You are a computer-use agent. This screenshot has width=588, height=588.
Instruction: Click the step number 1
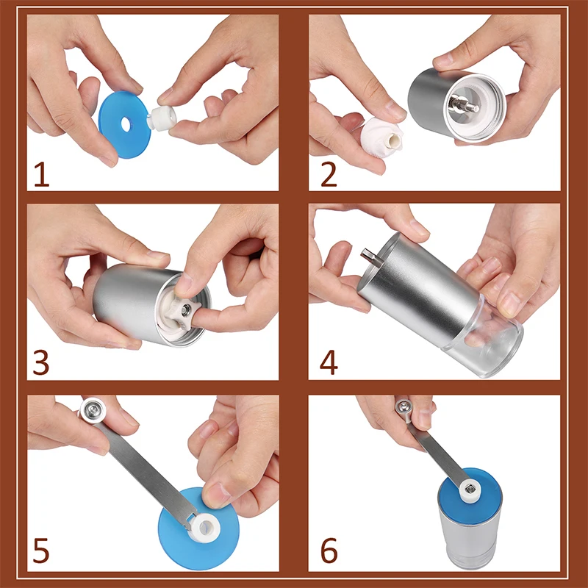click(42, 174)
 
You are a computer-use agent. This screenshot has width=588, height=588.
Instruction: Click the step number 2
click(329, 174)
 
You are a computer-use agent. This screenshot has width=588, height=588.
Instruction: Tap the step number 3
click(41, 362)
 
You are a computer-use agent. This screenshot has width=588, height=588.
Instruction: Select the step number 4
click(329, 362)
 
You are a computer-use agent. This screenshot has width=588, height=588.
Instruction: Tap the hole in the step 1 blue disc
click(126, 124)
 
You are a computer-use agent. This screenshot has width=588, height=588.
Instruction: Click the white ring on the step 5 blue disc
click(204, 528)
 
